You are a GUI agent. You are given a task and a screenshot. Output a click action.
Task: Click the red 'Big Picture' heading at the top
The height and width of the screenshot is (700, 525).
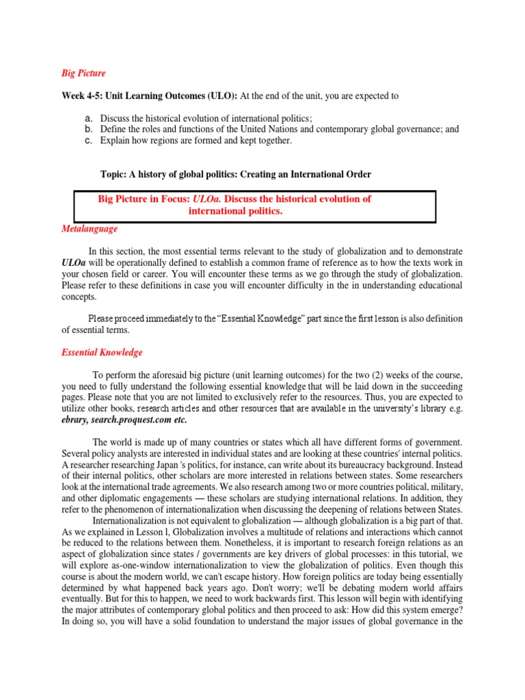(x=84, y=73)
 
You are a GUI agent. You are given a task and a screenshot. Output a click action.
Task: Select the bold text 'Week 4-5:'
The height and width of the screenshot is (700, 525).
(x=83, y=96)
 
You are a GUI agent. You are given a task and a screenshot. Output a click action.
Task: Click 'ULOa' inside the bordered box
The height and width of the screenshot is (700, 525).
(x=207, y=199)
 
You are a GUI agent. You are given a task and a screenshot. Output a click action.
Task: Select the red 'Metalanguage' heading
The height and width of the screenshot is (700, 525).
(x=90, y=229)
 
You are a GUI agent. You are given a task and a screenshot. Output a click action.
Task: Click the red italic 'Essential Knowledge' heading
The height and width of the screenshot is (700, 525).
(x=103, y=353)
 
